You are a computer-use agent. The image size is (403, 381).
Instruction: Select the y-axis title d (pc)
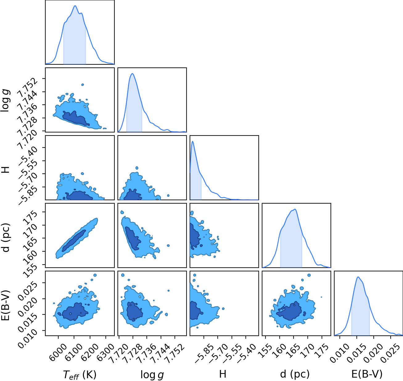tap(6, 237)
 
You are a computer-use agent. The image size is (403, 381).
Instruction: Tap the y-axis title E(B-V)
tap(6, 305)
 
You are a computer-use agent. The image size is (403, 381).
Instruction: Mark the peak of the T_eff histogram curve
tap(75, 6)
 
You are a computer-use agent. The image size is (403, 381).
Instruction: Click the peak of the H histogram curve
tap(193, 141)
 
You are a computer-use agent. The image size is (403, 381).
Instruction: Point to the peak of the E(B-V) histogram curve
tap(358, 277)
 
